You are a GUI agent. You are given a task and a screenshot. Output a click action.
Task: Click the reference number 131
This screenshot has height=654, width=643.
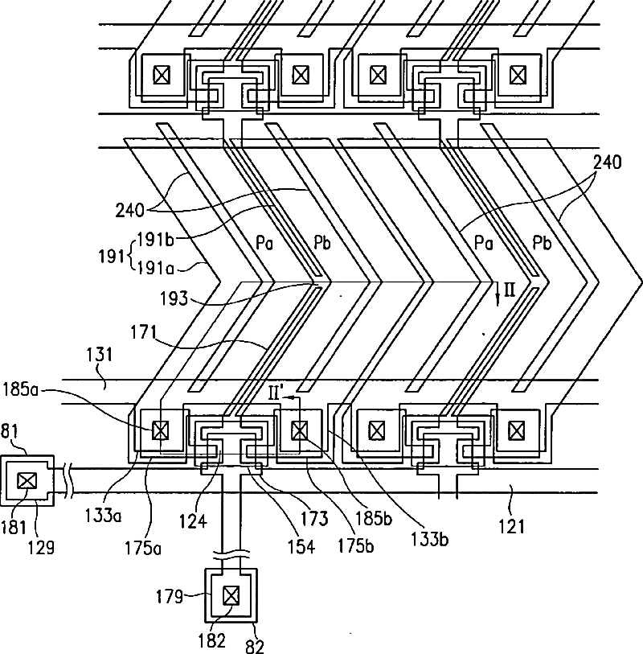(x=100, y=355)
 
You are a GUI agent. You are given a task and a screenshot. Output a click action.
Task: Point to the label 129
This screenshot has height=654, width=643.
(x=41, y=547)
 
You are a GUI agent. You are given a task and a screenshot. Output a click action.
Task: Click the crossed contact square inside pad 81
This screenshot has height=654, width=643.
(x=27, y=481)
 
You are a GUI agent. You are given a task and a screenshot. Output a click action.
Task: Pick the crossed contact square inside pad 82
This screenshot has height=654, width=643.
(x=231, y=595)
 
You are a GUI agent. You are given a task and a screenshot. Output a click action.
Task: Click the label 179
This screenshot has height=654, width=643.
(x=169, y=596)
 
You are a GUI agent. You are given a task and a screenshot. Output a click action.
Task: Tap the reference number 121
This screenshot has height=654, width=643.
(x=511, y=526)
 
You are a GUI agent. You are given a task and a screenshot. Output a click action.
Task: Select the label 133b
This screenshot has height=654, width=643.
(x=430, y=539)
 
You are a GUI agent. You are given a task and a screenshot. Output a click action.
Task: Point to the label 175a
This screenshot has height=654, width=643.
(x=143, y=548)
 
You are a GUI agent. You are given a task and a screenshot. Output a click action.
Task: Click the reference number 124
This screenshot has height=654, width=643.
(x=194, y=521)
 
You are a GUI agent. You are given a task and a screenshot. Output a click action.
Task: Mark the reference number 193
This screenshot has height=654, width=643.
(x=174, y=298)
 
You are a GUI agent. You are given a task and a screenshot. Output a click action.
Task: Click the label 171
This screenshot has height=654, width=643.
(x=143, y=333)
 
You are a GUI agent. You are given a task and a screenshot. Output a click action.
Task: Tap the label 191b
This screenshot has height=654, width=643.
(x=155, y=240)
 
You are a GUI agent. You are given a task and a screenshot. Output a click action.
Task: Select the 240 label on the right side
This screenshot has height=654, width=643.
(x=607, y=162)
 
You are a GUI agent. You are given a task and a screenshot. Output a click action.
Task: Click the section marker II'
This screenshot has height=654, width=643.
(x=274, y=393)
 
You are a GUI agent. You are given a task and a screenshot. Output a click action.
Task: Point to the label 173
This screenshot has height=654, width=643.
(x=314, y=518)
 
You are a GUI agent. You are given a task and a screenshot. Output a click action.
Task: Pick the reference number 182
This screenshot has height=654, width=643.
(x=212, y=640)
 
